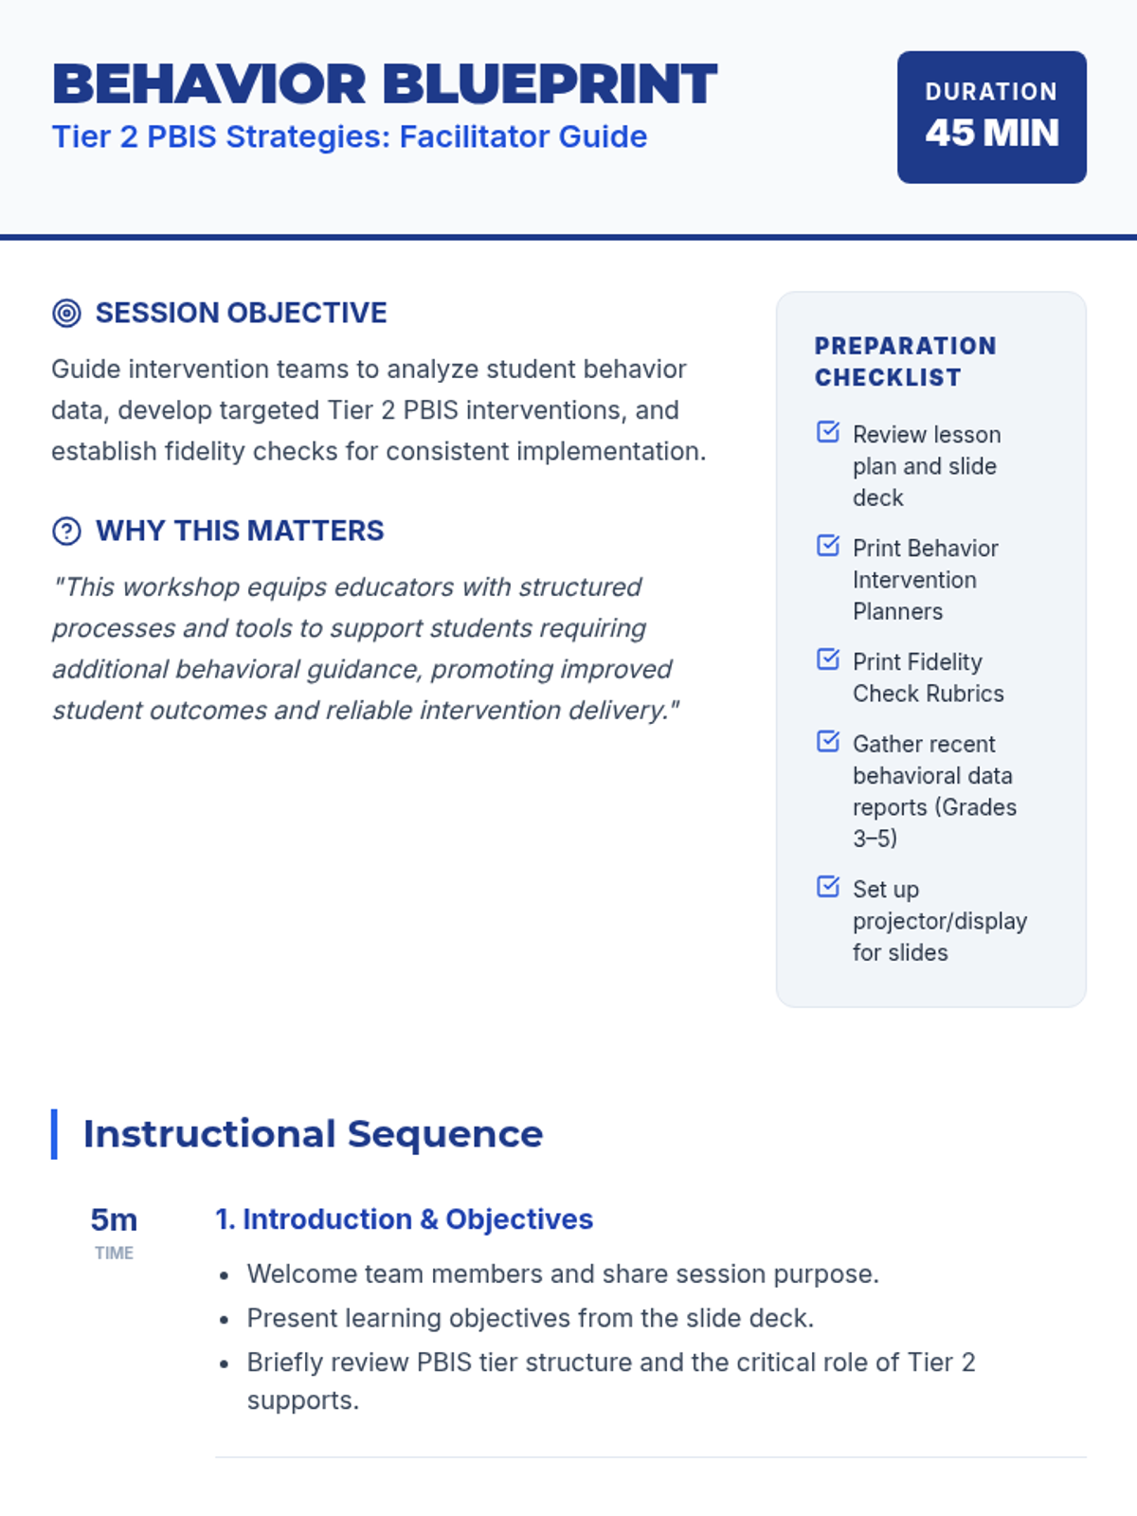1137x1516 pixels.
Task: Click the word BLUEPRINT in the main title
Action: click(550, 84)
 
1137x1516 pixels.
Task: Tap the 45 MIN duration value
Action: click(992, 133)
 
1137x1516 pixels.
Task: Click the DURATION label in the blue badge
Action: click(991, 92)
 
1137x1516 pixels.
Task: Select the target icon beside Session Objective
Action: click(67, 313)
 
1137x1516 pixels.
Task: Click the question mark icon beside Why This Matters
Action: click(67, 532)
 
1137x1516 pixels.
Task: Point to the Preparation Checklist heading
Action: click(906, 361)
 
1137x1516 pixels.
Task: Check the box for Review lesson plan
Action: click(828, 432)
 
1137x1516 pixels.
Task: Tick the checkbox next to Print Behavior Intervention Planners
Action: click(828, 546)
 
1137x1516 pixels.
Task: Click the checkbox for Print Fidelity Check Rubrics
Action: click(828, 659)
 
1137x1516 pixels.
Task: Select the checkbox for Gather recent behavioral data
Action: click(828, 742)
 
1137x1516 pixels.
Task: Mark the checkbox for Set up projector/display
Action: click(828, 887)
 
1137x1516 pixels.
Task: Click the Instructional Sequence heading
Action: click(314, 1134)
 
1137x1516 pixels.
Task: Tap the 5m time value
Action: click(114, 1220)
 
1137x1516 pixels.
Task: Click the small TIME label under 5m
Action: click(114, 1253)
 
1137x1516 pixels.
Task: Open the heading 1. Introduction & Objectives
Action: click(405, 1219)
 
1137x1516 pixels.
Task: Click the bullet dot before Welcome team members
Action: click(224, 1275)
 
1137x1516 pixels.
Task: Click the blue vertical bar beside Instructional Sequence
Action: click(55, 1134)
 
